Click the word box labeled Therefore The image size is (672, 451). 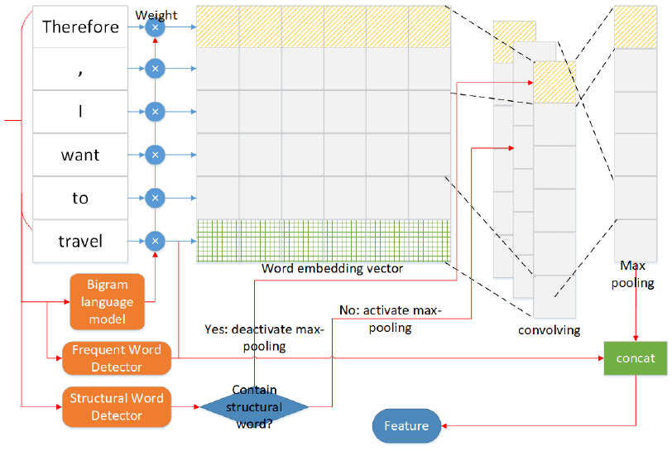coord(80,26)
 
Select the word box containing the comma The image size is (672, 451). coord(80,70)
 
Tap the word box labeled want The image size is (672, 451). coord(80,155)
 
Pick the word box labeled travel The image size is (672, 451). coord(80,241)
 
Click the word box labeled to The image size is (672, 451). coord(80,198)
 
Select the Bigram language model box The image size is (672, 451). coord(108,302)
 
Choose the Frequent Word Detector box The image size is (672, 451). coord(117,357)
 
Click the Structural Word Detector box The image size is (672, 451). coord(117,406)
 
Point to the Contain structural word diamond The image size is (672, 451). coord(254,406)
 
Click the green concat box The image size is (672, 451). coord(636,358)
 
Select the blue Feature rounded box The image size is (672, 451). coord(406,425)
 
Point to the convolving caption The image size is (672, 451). coord(549,330)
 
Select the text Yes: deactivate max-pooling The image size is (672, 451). coord(264,338)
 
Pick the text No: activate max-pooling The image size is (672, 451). coord(391,319)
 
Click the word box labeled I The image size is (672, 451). coord(80,112)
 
